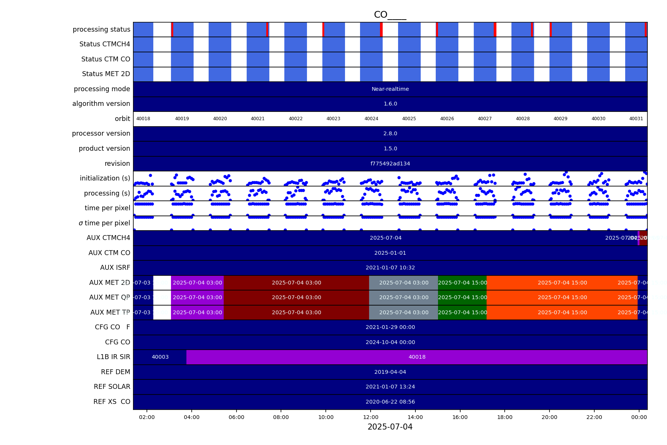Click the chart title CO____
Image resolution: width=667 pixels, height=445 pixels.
pos(390,15)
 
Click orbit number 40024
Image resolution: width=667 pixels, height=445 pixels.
pos(371,119)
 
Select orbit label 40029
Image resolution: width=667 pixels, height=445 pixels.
pos(560,119)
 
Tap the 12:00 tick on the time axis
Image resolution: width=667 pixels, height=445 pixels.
pos(371,417)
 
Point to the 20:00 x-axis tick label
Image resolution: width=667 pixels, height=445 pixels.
pos(549,417)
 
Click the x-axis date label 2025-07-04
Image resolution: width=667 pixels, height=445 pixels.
pos(390,427)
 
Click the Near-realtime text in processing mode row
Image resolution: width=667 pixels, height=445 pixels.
pos(390,89)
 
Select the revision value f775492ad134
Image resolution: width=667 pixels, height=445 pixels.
pos(390,164)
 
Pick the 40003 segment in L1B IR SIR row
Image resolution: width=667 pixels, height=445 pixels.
pos(160,357)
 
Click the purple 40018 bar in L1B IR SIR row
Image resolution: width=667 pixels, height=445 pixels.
pos(417,357)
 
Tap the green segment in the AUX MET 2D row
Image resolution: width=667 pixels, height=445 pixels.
pos(462,283)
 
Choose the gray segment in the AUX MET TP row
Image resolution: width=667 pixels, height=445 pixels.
pos(403,312)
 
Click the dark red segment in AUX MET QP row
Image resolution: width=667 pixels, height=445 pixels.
pos(296,297)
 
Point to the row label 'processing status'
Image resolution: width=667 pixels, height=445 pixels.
pos(101,29)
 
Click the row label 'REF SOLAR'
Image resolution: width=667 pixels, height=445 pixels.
pos(112,387)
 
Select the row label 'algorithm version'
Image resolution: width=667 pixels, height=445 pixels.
pos(101,104)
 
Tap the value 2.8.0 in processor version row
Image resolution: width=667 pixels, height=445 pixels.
pos(390,133)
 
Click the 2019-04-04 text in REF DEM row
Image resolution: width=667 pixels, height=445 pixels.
pos(390,372)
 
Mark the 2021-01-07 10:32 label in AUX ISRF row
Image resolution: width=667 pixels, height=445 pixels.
pos(390,268)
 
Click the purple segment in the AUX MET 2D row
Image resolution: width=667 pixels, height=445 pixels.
pos(197,283)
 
